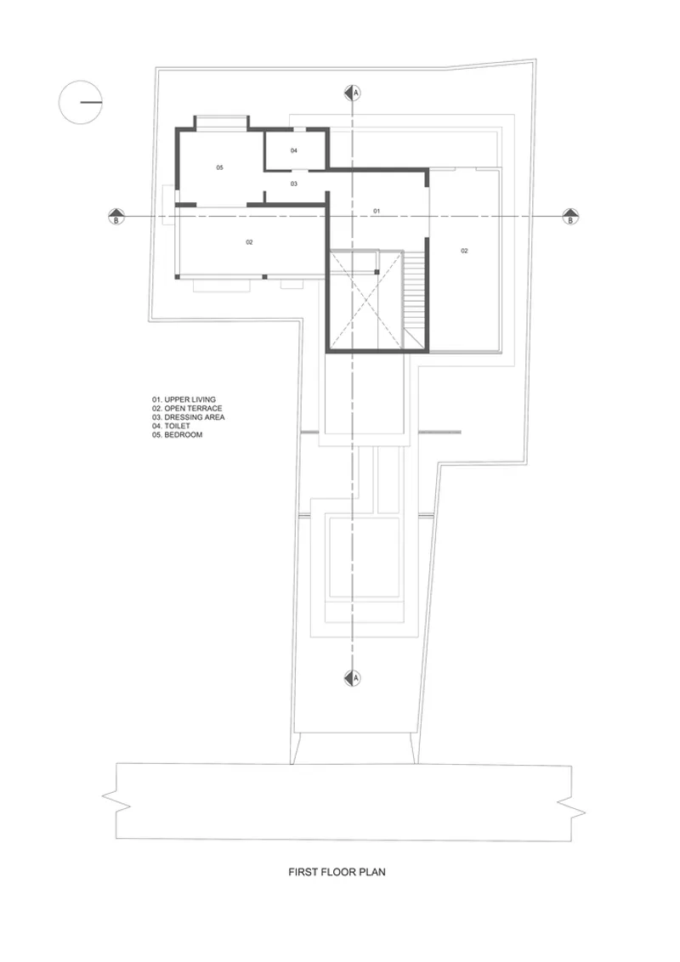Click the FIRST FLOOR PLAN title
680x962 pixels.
[337, 872]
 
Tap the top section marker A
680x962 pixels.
[352, 93]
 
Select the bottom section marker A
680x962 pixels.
[352, 678]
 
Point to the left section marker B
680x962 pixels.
[116, 217]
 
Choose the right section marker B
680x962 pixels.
[570, 217]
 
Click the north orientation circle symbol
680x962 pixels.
[81, 103]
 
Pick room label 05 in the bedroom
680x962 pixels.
[219, 167]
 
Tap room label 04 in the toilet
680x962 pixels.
[294, 150]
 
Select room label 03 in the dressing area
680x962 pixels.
[294, 184]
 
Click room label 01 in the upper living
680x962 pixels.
[377, 211]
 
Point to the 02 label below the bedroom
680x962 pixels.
[249, 242]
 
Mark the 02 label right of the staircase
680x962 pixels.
[465, 251]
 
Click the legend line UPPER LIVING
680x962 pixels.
[184, 399]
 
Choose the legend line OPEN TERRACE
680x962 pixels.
[187, 408]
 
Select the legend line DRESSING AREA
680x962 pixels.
[189, 417]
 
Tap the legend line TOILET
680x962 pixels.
[171, 426]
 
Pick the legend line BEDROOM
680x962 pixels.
[178, 435]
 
